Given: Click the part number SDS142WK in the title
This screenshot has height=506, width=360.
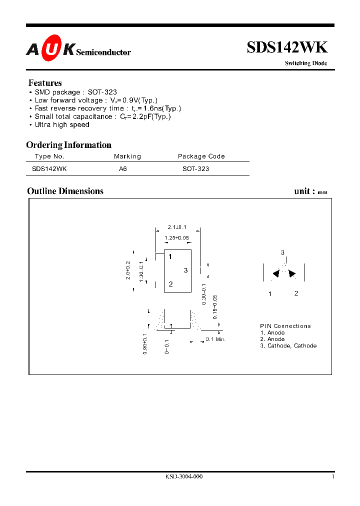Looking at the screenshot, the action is pyautogui.click(x=287, y=47).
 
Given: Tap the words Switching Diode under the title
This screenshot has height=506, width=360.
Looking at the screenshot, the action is pyautogui.click(x=306, y=63).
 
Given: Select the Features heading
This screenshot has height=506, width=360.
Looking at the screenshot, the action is pyautogui.click(x=45, y=83).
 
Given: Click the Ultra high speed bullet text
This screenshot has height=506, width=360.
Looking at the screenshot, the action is pyautogui.click(x=62, y=124).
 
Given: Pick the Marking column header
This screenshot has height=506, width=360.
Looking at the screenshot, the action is pyautogui.click(x=127, y=156).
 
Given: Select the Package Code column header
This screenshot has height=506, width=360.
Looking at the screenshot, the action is pyautogui.click(x=201, y=156).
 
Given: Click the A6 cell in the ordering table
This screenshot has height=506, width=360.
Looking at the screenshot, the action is pyautogui.click(x=123, y=169).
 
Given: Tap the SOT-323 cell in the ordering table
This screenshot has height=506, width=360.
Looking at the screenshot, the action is pyautogui.click(x=195, y=169).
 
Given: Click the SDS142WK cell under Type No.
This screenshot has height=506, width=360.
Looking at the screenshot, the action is pyautogui.click(x=49, y=169).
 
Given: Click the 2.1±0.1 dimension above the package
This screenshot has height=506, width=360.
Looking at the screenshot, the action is pyautogui.click(x=177, y=227).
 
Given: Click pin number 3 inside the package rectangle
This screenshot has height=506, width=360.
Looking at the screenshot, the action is pyautogui.click(x=185, y=270).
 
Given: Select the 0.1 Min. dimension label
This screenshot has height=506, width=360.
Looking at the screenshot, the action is pyautogui.click(x=216, y=339).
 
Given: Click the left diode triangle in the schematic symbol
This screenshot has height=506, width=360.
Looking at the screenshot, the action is pyautogui.click(x=275, y=273).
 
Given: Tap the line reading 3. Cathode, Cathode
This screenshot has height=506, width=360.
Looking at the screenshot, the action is pyautogui.click(x=288, y=345).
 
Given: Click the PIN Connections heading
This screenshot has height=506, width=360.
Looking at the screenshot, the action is pyautogui.click(x=285, y=326).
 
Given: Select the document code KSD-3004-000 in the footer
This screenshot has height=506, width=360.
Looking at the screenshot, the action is pyautogui.click(x=183, y=476).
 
